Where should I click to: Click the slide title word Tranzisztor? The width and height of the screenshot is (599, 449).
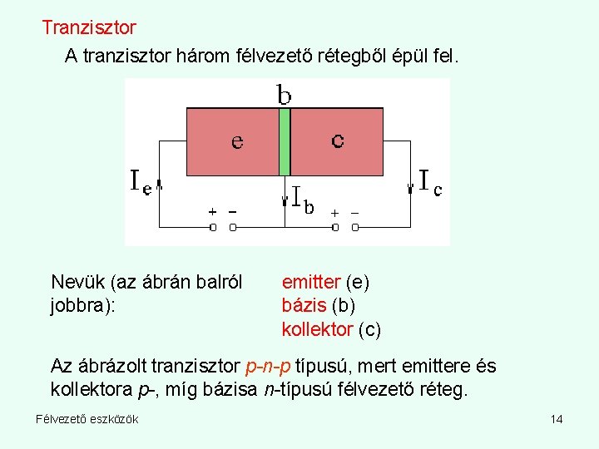[x=89, y=27]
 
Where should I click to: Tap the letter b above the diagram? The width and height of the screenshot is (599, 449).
[x=285, y=96]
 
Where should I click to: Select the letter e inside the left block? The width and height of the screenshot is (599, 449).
[x=237, y=142]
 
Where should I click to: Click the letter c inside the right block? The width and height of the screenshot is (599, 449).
[x=338, y=141]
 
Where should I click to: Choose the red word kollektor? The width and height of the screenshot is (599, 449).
[x=317, y=329]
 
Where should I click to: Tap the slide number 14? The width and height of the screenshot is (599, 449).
[x=557, y=418]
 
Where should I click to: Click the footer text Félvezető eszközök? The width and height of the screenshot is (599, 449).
[x=87, y=418]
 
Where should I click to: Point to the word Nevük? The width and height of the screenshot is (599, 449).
[x=78, y=283]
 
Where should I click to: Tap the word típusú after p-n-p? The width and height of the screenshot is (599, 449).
[x=320, y=366]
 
